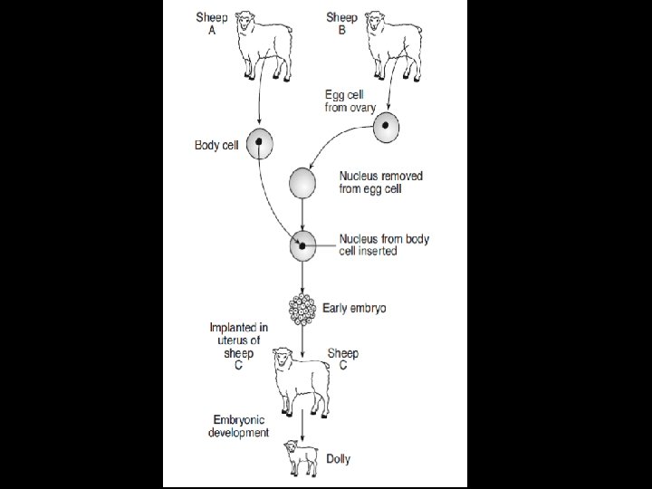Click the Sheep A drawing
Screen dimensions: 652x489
pos(264,46)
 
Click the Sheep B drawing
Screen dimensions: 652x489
pos(393,46)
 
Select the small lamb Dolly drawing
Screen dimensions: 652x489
pos(301,458)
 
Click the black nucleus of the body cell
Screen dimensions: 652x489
pos(259,142)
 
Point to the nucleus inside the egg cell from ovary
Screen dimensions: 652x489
pos(385,125)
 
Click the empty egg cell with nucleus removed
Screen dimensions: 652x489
pos(302,183)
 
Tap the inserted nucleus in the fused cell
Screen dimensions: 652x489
pos(302,246)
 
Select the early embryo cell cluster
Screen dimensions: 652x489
pos(302,310)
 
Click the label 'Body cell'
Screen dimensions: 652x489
pos(216,145)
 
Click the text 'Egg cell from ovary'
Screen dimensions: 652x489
pos(350,101)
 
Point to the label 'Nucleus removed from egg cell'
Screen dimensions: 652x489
pos(381,182)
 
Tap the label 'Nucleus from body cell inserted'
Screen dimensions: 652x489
pos(384,244)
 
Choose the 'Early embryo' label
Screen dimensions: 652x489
pos(354,308)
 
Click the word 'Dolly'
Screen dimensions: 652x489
pos(338,459)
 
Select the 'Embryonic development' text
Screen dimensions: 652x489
pos(239,427)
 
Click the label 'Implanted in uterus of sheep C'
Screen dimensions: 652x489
pos(239,346)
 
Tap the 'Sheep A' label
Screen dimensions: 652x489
pos(212,24)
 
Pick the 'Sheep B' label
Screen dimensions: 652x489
pos(341,24)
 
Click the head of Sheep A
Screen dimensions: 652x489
pos(244,21)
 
